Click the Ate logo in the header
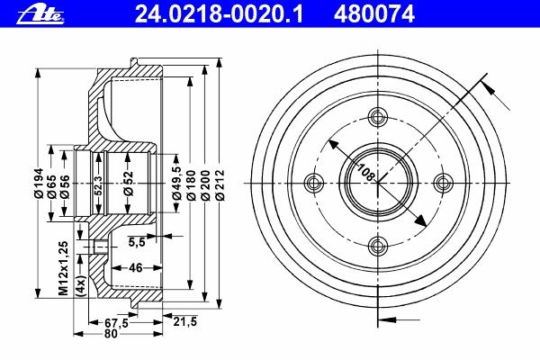40,15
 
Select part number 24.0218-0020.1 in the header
219,14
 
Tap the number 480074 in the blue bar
373,14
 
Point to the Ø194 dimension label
39,183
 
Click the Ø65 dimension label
52,186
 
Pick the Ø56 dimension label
65,186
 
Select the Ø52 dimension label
128,184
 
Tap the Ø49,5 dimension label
176,183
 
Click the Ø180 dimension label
191,184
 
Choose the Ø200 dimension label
205,184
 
